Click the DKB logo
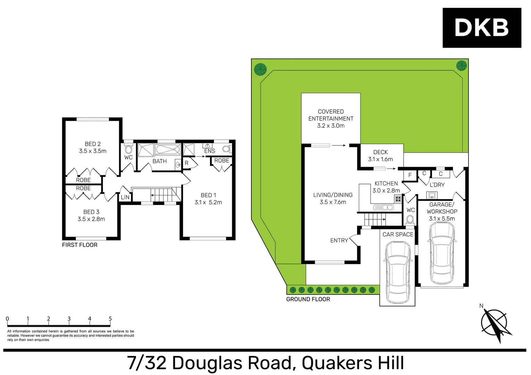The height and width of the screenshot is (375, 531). pyautogui.click(x=482, y=28)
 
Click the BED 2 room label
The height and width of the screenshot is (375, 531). pyautogui.click(x=93, y=144)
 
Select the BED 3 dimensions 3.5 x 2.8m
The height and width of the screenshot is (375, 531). pyautogui.click(x=91, y=219)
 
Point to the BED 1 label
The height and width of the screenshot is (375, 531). pyautogui.click(x=208, y=195)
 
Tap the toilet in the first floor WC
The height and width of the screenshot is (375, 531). pyautogui.click(x=128, y=149)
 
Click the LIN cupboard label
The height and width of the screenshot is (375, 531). pyautogui.click(x=125, y=197)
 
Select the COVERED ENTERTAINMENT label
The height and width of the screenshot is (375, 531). pyautogui.click(x=331, y=115)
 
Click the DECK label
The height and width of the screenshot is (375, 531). pyautogui.click(x=380, y=152)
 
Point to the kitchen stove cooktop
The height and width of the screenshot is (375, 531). pyautogui.click(x=398, y=199)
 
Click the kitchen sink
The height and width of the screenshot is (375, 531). pyautogui.click(x=383, y=207)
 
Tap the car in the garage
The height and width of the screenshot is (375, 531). pyautogui.click(x=442, y=252)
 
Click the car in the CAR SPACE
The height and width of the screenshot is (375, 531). pyautogui.click(x=397, y=272)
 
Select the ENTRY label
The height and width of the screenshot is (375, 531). pyautogui.click(x=339, y=240)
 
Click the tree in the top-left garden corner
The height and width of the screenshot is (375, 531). pyautogui.click(x=260, y=69)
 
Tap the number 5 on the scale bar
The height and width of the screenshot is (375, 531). pyautogui.click(x=110, y=319)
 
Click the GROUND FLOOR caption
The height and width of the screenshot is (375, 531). pyautogui.click(x=308, y=299)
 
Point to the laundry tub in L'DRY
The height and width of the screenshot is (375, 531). pyautogui.click(x=432, y=195)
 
